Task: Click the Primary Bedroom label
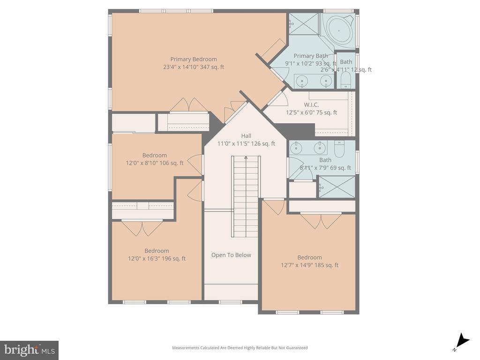pyautogui.click(x=193, y=59)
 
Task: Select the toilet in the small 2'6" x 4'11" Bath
pyautogui.click(x=345, y=80)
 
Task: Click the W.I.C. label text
pyautogui.click(x=311, y=105)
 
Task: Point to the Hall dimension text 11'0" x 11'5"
pyautogui.click(x=246, y=144)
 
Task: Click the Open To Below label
pyautogui.click(x=231, y=255)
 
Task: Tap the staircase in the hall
pyautogui.click(x=245, y=197)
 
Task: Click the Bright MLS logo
pyautogui.click(x=29, y=350)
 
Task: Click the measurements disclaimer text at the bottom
pyautogui.click(x=240, y=348)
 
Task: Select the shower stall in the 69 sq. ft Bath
pyautogui.click(x=337, y=187)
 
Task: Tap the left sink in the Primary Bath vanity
pyautogui.click(x=302, y=81)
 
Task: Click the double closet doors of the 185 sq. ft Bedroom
pyautogui.click(x=321, y=220)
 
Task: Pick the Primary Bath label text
pyautogui.click(x=311, y=56)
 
